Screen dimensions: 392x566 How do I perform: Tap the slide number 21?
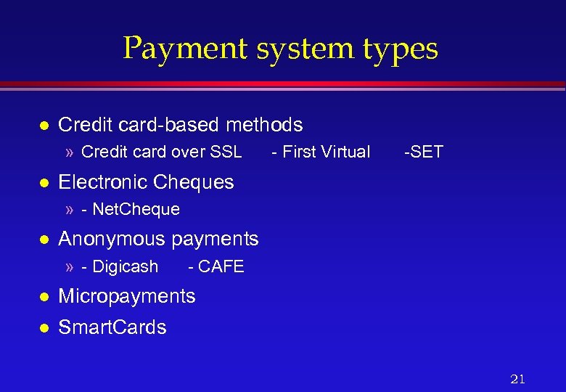pyautogui.click(x=517, y=379)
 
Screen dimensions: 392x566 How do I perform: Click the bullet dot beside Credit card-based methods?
pyautogui.click(x=44, y=126)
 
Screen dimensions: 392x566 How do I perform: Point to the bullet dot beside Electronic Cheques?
pyautogui.click(x=44, y=182)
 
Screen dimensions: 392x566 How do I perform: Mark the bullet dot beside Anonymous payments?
pyautogui.click(x=44, y=239)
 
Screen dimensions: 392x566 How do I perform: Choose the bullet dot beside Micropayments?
pyautogui.click(x=44, y=297)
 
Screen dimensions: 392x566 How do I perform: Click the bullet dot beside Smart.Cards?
pyautogui.click(x=44, y=328)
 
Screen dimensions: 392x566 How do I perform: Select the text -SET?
pyautogui.click(x=423, y=152)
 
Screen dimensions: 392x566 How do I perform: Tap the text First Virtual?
pyautogui.click(x=326, y=152)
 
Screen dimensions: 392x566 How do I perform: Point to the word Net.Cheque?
pyautogui.click(x=136, y=210)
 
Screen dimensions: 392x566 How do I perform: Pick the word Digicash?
pyautogui.click(x=126, y=266)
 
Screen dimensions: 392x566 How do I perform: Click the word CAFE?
pyautogui.click(x=221, y=266)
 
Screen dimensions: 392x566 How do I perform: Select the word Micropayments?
pyautogui.click(x=126, y=296)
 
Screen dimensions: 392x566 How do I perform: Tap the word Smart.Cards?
pyautogui.click(x=112, y=327)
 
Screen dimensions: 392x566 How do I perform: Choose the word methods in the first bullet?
pyautogui.click(x=264, y=125)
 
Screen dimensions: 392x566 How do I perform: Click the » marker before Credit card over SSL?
pyautogui.click(x=70, y=152)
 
